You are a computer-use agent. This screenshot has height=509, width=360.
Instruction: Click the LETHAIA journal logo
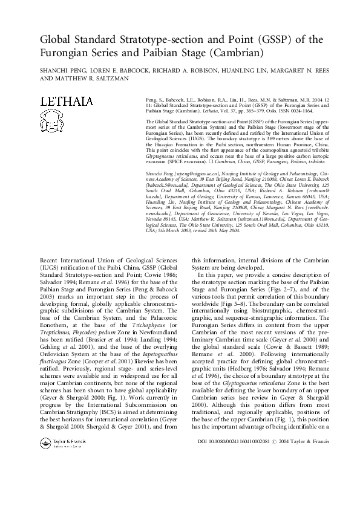(x=67, y=102)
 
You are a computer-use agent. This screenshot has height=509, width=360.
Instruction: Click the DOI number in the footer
(x=243, y=476)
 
